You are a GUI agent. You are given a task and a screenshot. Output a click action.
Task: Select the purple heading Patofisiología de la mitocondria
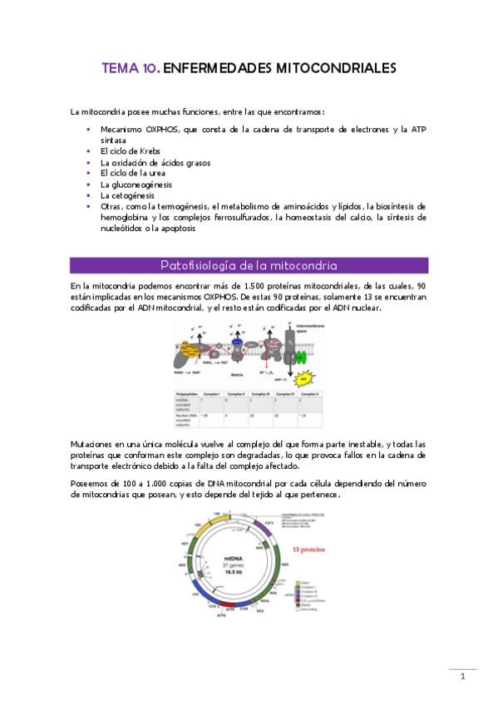(x=249, y=266)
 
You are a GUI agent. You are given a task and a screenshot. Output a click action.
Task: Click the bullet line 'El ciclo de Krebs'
(x=131, y=151)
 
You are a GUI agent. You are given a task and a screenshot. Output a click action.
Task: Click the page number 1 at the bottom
(x=463, y=678)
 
